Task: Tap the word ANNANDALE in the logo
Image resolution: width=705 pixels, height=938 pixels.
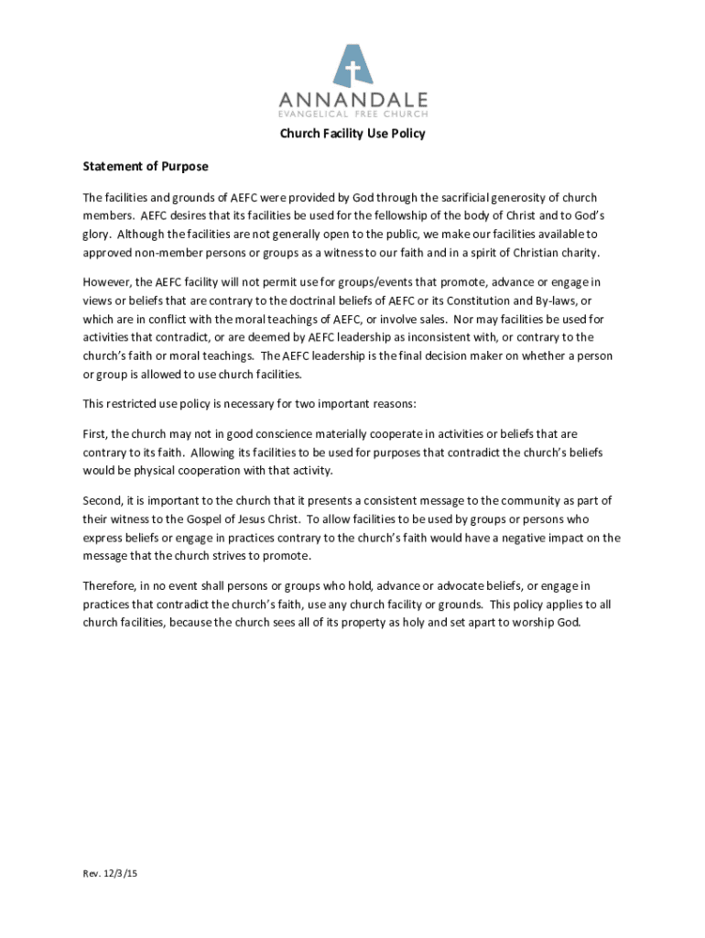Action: point(352,99)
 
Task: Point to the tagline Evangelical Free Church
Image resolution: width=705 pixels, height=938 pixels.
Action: point(352,115)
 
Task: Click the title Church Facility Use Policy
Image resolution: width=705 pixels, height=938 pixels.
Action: point(352,134)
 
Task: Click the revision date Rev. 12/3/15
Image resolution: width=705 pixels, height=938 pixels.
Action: point(110,873)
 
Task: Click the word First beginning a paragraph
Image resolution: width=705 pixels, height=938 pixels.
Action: point(94,433)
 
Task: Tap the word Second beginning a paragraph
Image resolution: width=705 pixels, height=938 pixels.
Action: point(101,500)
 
